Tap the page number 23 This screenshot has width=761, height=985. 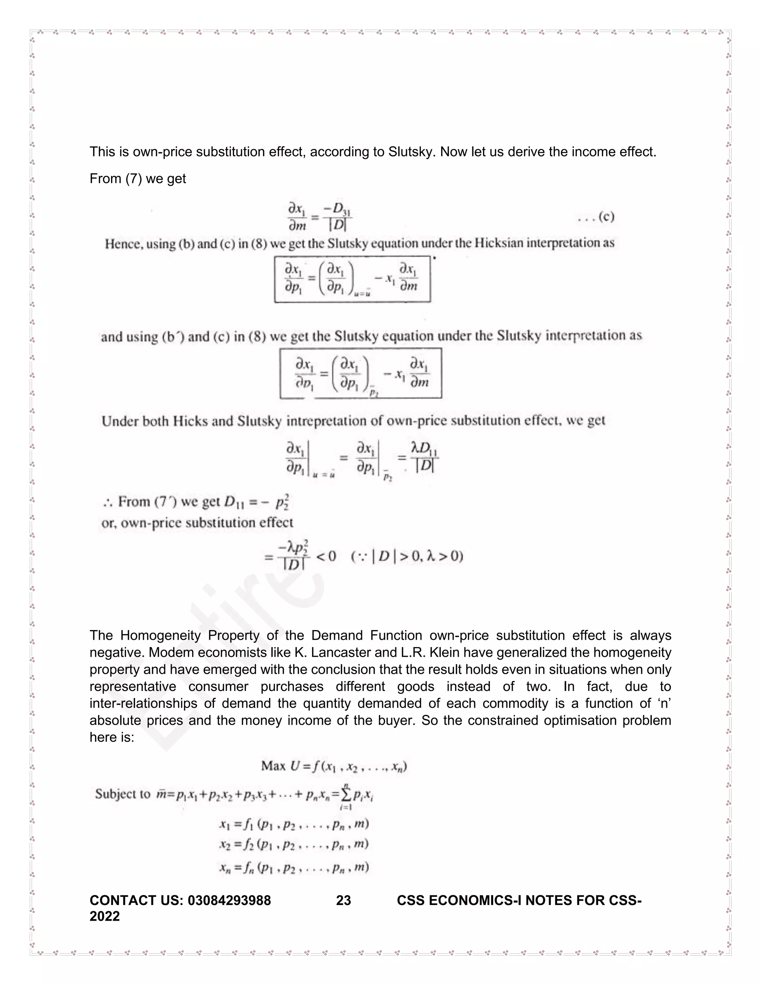click(344, 900)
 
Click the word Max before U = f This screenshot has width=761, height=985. click(273, 766)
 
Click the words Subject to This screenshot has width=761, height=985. click(123, 794)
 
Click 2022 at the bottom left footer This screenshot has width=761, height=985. click(104, 916)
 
